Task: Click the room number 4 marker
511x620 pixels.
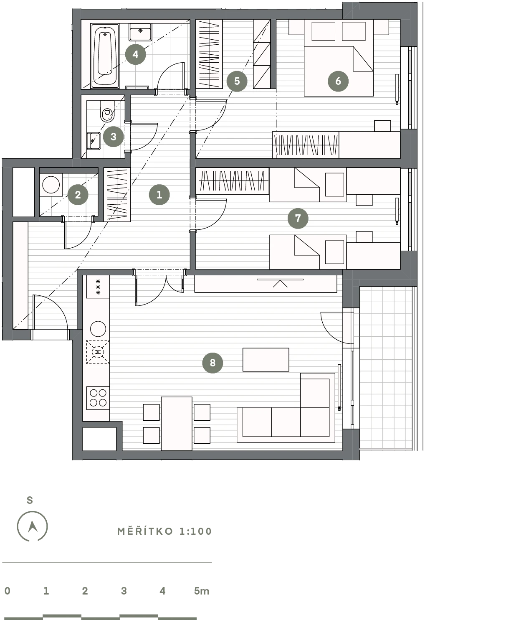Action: tap(135, 54)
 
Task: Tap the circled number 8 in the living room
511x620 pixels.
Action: tap(212, 363)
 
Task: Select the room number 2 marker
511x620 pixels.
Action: tap(78, 195)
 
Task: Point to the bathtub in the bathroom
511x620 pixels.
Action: tap(105, 56)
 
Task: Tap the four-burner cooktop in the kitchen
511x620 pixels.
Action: tap(98, 398)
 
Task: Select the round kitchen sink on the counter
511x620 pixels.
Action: tap(98, 329)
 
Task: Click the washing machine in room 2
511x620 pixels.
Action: tap(51, 185)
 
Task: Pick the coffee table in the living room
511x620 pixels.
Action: tap(266, 360)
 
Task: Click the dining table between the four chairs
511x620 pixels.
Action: tap(177, 424)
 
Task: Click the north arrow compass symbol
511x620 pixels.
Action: tap(32, 526)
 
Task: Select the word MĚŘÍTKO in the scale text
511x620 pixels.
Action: tap(145, 531)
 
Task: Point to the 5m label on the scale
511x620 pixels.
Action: tap(202, 591)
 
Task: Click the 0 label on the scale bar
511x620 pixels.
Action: tap(8, 591)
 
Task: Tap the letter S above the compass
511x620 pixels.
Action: tap(30, 501)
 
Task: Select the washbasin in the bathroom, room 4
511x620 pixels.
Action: tap(140, 32)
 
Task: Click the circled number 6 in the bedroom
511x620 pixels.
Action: tap(338, 81)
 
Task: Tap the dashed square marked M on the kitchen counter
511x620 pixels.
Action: tap(98, 352)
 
